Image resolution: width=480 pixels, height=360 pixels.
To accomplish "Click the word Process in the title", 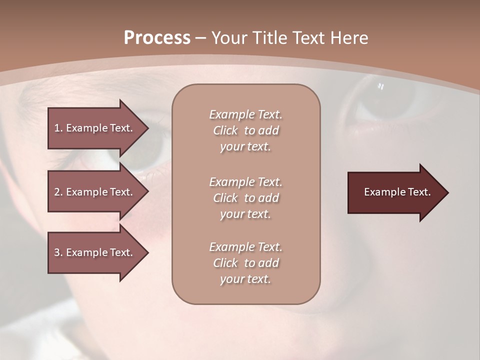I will pos(157,38).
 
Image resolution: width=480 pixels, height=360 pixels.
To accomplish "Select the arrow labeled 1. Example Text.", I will pos(95,128).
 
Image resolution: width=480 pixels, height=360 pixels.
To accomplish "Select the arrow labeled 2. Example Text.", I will pos(95,192).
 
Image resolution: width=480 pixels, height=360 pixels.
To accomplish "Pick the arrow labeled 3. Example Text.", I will pos(95,252).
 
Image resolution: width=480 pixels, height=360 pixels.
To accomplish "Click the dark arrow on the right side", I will pos(395,192).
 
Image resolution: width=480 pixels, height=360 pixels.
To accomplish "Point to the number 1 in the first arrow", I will pos(57,128).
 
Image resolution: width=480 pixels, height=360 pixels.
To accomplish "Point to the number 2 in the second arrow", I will pos(57,192).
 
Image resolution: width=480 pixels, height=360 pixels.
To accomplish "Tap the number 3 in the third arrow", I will pos(57,252).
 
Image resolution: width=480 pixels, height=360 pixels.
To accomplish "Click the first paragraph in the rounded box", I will pos(245,130).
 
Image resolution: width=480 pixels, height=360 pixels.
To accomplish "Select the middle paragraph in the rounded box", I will pos(245,198).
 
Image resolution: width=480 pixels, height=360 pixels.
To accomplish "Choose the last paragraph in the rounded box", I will pos(245,263).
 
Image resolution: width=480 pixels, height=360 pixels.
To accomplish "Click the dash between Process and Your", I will pos(201,38).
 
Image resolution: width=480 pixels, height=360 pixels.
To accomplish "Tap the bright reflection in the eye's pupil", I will pos(380,86).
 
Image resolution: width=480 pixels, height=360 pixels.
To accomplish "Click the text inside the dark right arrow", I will pos(397,192).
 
